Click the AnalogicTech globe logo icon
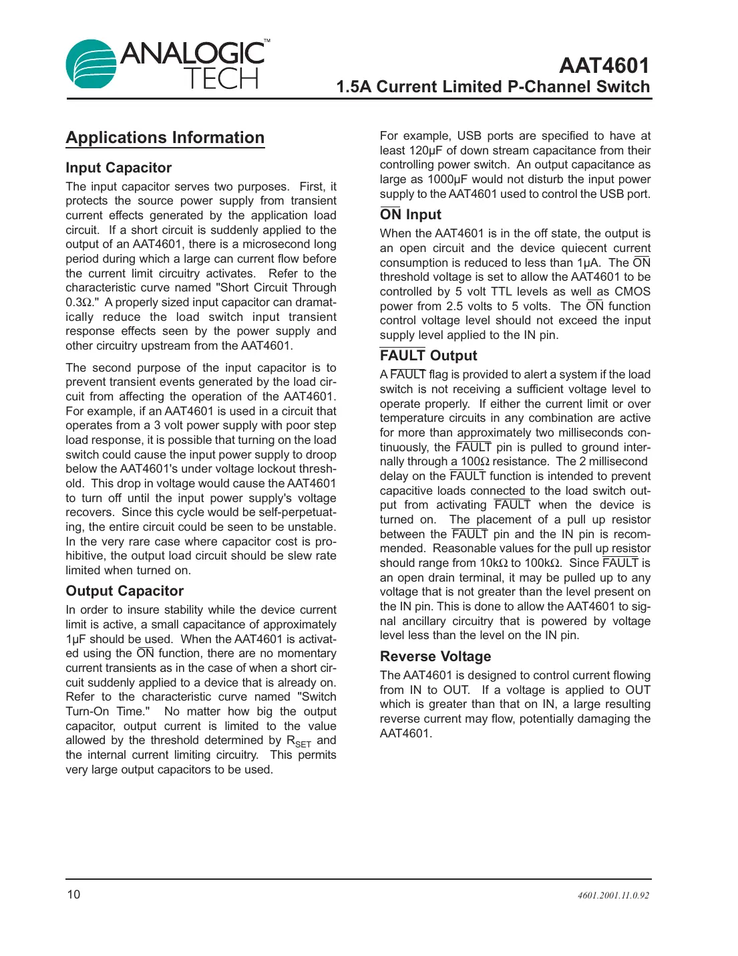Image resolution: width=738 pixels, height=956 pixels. [x=91, y=64]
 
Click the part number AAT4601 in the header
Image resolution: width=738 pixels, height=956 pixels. [x=604, y=66]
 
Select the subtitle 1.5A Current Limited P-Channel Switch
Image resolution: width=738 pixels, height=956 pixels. [x=493, y=87]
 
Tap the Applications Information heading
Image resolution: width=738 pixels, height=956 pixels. [x=165, y=138]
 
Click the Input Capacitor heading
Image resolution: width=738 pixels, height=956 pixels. [x=118, y=168]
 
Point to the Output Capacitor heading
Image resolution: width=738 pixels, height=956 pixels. [x=124, y=591]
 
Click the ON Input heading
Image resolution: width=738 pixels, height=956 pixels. [x=410, y=215]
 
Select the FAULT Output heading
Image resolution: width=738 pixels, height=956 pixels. [x=428, y=356]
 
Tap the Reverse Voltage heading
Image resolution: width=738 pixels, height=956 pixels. [x=435, y=656]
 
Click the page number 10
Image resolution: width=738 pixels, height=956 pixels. [x=73, y=894]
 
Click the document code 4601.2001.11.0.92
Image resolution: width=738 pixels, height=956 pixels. [x=613, y=895]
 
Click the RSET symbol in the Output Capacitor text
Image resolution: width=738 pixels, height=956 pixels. [x=299, y=741]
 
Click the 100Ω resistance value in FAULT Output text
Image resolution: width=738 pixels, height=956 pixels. [x=475, y=462]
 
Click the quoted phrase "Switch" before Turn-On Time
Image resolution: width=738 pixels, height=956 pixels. [x=317, y=697]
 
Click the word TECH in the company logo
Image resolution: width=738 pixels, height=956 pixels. [x=221, y=80]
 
